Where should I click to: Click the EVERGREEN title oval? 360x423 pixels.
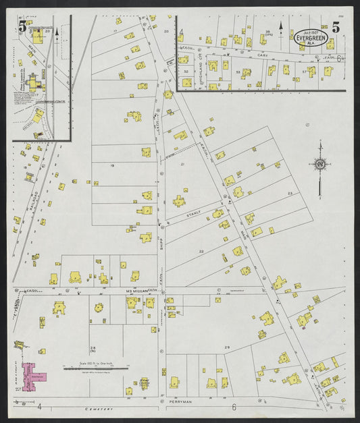[x=311, y=38]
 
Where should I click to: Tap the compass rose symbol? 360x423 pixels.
[x=319, y=163]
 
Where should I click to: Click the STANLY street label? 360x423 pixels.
[x=195, y=215]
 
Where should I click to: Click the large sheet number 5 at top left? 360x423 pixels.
[x=23, y=27]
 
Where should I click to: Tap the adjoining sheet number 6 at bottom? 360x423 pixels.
[x=234, y=407]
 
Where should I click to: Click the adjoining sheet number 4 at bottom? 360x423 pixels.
[x=39, y=407]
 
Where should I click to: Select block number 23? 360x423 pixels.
[x=290, y=194]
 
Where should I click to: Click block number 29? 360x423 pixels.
[x=228, y=347]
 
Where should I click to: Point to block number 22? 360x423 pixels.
[x=201, y=251]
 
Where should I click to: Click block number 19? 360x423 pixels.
[x=111, y=165]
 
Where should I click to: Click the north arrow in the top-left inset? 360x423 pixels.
[x=57, y=30]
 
